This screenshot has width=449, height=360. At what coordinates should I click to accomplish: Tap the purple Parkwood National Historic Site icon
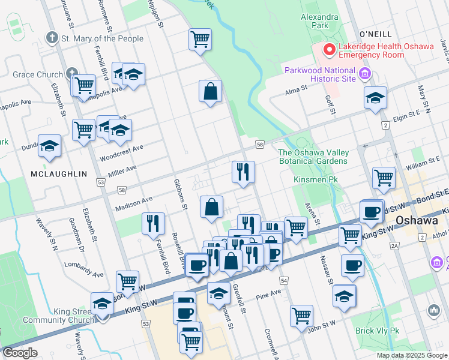364,74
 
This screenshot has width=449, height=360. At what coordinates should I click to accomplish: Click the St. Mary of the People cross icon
52,38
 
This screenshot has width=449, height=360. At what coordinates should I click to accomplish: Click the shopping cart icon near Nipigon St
200,40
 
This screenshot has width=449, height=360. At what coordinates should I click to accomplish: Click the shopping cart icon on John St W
301,316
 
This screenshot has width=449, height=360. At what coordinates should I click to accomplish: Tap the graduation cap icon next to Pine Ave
344,296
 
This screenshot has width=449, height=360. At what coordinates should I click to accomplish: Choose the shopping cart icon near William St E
384,178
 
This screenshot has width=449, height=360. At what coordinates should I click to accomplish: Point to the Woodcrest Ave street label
122,148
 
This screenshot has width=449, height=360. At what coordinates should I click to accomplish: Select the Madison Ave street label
134,200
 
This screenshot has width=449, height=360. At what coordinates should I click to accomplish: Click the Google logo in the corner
20,353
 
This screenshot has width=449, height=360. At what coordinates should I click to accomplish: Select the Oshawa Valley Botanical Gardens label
313,156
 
